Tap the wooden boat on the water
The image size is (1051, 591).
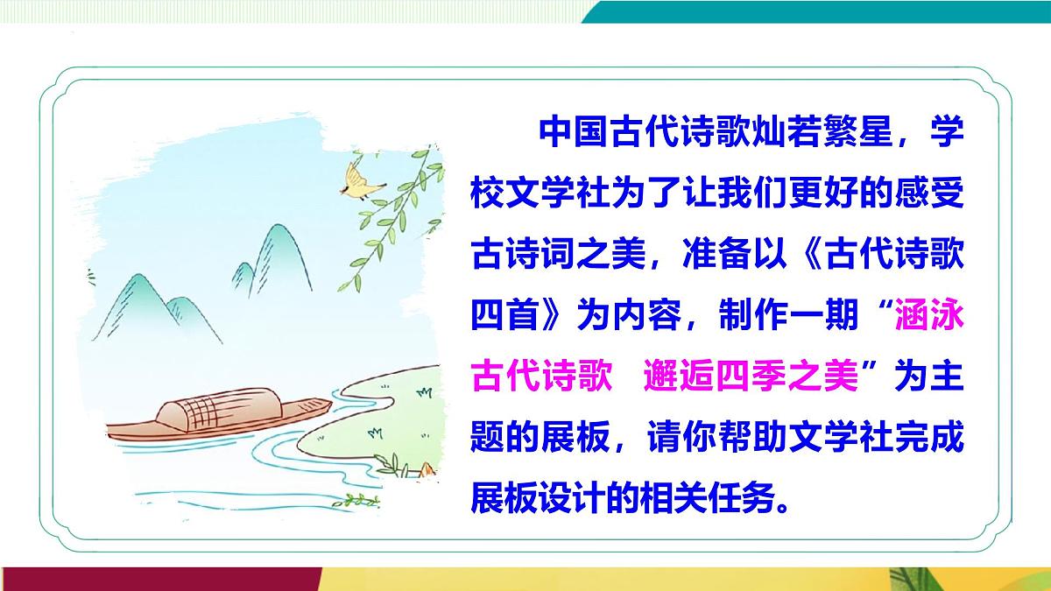tap(219, 420)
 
